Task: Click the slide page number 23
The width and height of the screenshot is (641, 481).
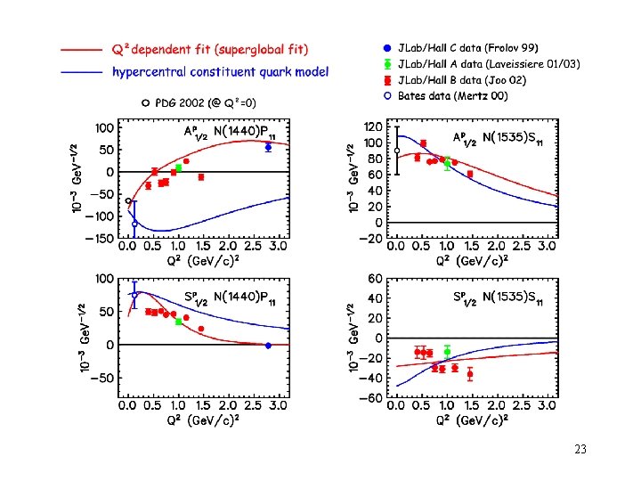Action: [580, 450]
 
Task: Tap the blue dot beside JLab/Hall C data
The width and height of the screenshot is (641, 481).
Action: [386, 47]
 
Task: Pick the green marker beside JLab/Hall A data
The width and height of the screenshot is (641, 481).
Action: [386, 64]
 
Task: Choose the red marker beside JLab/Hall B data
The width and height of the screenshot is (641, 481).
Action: [386, 80]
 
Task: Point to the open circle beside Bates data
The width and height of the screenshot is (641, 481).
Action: [386, 95]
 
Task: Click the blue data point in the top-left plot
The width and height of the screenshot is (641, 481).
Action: [268, 147]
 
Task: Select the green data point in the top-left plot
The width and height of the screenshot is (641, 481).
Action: [178, 167]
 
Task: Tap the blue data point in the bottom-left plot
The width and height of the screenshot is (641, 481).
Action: [268, 345]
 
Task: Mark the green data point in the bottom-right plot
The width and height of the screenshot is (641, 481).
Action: [447, 352]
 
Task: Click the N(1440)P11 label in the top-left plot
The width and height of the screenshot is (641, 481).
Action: [251, 131]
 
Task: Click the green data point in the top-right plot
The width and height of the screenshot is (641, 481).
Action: [447, 164]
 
